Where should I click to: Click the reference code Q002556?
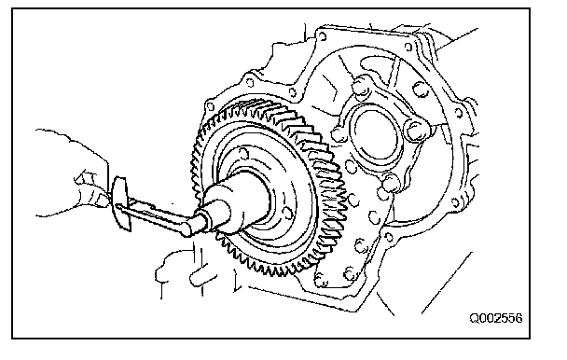click(496, 318)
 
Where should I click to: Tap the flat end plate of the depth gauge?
click(121, 203)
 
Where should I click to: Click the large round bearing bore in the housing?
click(377, 134)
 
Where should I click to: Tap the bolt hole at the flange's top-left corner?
click(322, 35)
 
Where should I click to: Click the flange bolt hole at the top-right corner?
click(408, 47)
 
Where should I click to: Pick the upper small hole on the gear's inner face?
click(243, 154)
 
